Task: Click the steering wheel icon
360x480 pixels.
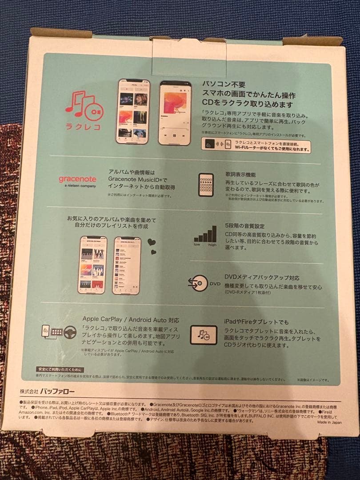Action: [69, 332]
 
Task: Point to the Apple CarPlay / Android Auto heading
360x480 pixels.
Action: [130, 319]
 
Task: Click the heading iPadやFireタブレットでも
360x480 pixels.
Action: [256, 322]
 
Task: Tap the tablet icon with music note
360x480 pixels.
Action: [204, 335]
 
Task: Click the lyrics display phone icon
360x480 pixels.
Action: [205, 184]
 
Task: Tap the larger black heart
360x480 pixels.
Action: [152, 242]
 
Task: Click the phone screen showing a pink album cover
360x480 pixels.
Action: [176, 112]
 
